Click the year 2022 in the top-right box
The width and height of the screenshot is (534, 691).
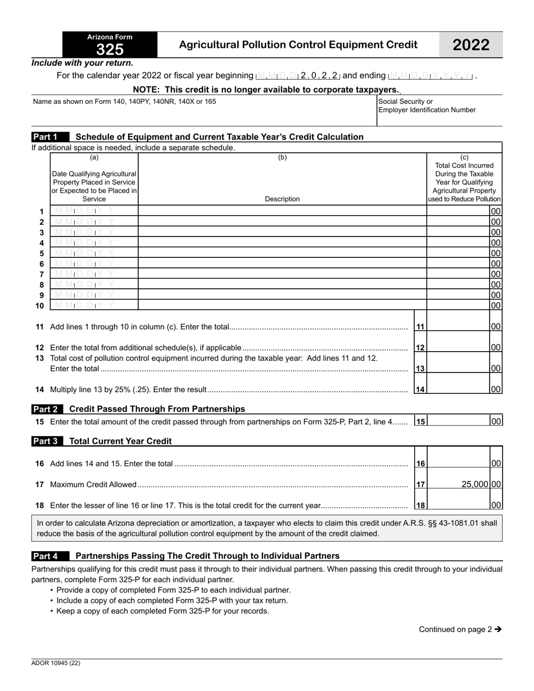click(x=471, y=45)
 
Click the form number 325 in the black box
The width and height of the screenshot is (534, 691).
click(x=110, y=50)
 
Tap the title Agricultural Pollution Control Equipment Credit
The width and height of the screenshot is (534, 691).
click(x=298, y=45)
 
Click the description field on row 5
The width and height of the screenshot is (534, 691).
click(x=282, y=253)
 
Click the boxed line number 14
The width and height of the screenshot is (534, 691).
click(x=420, y=389)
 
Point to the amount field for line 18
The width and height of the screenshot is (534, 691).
click(x=458, y=505)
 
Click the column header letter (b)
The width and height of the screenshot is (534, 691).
click(x=282, y=158)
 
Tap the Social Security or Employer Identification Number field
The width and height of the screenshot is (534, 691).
click(x=440, y=118)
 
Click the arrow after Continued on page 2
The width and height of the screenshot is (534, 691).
click(x=497, y=629)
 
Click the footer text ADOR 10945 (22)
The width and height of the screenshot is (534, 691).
click(x=56, y=663)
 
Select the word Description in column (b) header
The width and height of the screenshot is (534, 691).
click(x=282, y=199)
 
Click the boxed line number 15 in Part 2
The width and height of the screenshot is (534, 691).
click(x=420, y=421)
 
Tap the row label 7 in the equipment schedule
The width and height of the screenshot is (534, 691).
click(x=42, y=274)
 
